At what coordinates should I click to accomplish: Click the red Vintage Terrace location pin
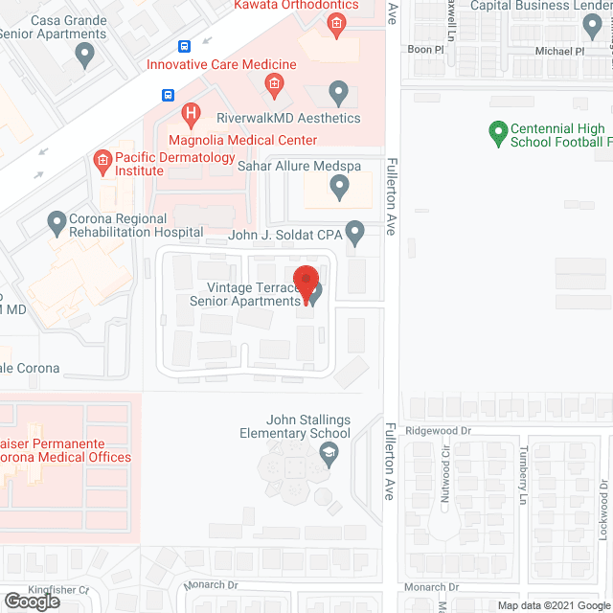point(306,281)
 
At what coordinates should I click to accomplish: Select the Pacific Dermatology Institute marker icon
point(102,160)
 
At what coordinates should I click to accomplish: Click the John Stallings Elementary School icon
point(329,455)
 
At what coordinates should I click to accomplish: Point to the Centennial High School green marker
point(497,133)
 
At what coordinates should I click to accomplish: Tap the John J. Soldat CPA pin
point(354,233)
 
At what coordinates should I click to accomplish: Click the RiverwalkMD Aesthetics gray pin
point(337,93)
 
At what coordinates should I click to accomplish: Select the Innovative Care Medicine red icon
point(273,86)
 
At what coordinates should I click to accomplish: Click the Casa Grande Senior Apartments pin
point(85,57)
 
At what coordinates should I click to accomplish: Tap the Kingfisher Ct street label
point(57,590)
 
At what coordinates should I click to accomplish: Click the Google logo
point(31,602)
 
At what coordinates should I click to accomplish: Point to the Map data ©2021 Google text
point(555,605)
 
